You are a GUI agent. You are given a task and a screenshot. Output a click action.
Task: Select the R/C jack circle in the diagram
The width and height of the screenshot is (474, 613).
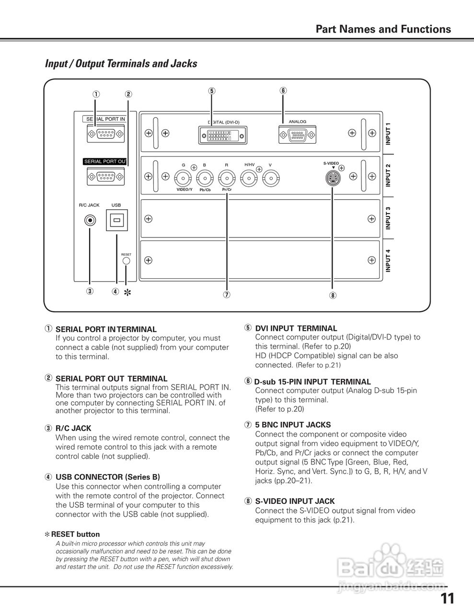click(x=90, y=220)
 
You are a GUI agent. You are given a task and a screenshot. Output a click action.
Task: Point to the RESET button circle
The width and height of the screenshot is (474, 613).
click(x=126, y=261)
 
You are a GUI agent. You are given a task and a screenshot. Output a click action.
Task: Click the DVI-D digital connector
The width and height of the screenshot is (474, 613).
click(x=223, y=135)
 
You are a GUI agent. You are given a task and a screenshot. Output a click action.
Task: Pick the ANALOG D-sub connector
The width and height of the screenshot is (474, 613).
click(x=297, y=135)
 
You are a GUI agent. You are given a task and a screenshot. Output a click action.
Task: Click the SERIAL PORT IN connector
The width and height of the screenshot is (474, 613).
click(x=106, y=135)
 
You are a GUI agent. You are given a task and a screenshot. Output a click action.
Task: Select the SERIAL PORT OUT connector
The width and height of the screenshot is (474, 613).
click(x=106, y=178)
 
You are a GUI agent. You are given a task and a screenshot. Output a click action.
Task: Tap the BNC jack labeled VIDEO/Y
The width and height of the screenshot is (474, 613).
click(x=184, y=179)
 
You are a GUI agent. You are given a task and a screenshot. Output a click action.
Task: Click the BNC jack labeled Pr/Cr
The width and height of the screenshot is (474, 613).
click(x=226, y=179)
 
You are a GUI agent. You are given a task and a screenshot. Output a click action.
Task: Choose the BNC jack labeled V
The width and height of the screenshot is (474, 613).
click(x=270, y=179)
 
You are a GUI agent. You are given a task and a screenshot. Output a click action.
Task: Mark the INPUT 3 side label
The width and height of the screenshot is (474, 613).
click(x=388, y=218)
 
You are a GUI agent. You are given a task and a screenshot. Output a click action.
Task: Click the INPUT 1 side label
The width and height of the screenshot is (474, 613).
click(x=388, y=134)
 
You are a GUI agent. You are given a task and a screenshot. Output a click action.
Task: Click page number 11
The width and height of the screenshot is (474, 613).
click(x=447, y=599)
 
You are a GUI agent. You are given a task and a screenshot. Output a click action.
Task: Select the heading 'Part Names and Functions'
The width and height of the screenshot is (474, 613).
click(x=383, y=29)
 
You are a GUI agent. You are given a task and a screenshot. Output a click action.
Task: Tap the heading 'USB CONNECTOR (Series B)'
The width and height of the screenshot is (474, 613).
click(x=108, y=477)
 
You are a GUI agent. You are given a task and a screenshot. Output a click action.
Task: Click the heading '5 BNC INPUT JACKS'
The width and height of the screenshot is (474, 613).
click(x=293, y=425)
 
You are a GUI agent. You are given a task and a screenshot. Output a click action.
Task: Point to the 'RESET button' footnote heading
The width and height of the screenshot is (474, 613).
click(x=75, y=534)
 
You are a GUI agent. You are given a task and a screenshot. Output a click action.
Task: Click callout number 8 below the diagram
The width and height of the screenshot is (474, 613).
click(x=333, y=295)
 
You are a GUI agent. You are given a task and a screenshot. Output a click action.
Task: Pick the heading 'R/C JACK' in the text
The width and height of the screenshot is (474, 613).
click(x=73, y=428)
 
